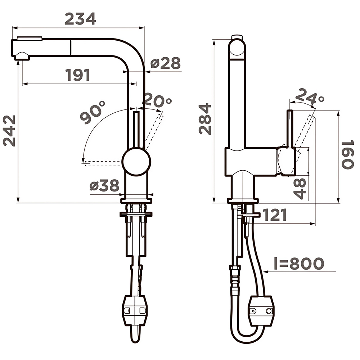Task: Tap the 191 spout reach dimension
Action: pyautogui.click(x=78, y=75)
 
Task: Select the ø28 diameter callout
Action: pyautogui.click(x=166, y=63)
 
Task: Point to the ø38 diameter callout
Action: pyautogui.click(x=104, y=185)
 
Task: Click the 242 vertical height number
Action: pyautogui.click(x=9, y=131)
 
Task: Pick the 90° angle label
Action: pyautogui.click(x=93, y=112)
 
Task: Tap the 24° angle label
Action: pyautogui.click(x=310, y=96)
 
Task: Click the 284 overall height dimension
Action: pyautogui.click(x=205, y=119)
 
